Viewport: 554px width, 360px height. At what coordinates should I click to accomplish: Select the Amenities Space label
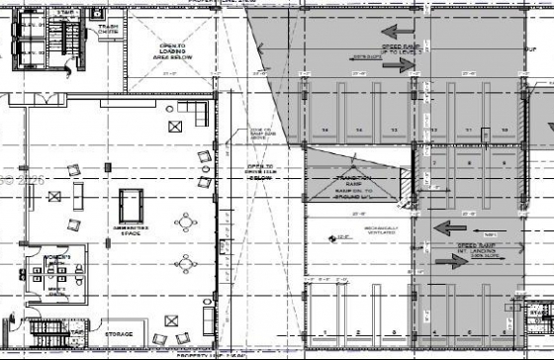click(x=131, y=227)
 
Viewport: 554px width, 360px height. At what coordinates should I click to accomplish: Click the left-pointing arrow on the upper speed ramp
click(x=398, y=31)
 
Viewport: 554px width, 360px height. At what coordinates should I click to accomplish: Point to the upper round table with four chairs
click(x=185, y=224)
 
